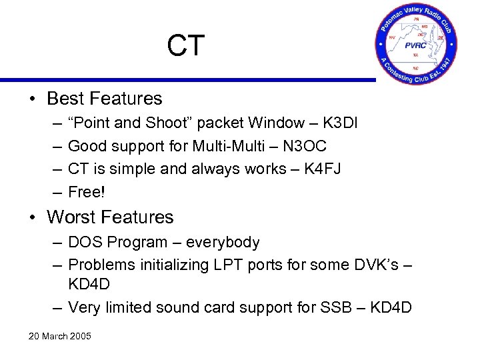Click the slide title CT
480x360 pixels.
point(186,46)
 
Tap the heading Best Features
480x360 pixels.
point(104,99)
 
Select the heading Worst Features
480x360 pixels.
point(110,217)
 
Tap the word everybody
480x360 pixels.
point(223,242)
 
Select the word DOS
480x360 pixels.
point(85,242)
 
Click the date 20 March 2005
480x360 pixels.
point(59,335)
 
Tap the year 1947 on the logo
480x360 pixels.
point(445,67)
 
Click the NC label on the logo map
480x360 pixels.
point(416,67)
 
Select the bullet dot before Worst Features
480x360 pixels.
point(33,218)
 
